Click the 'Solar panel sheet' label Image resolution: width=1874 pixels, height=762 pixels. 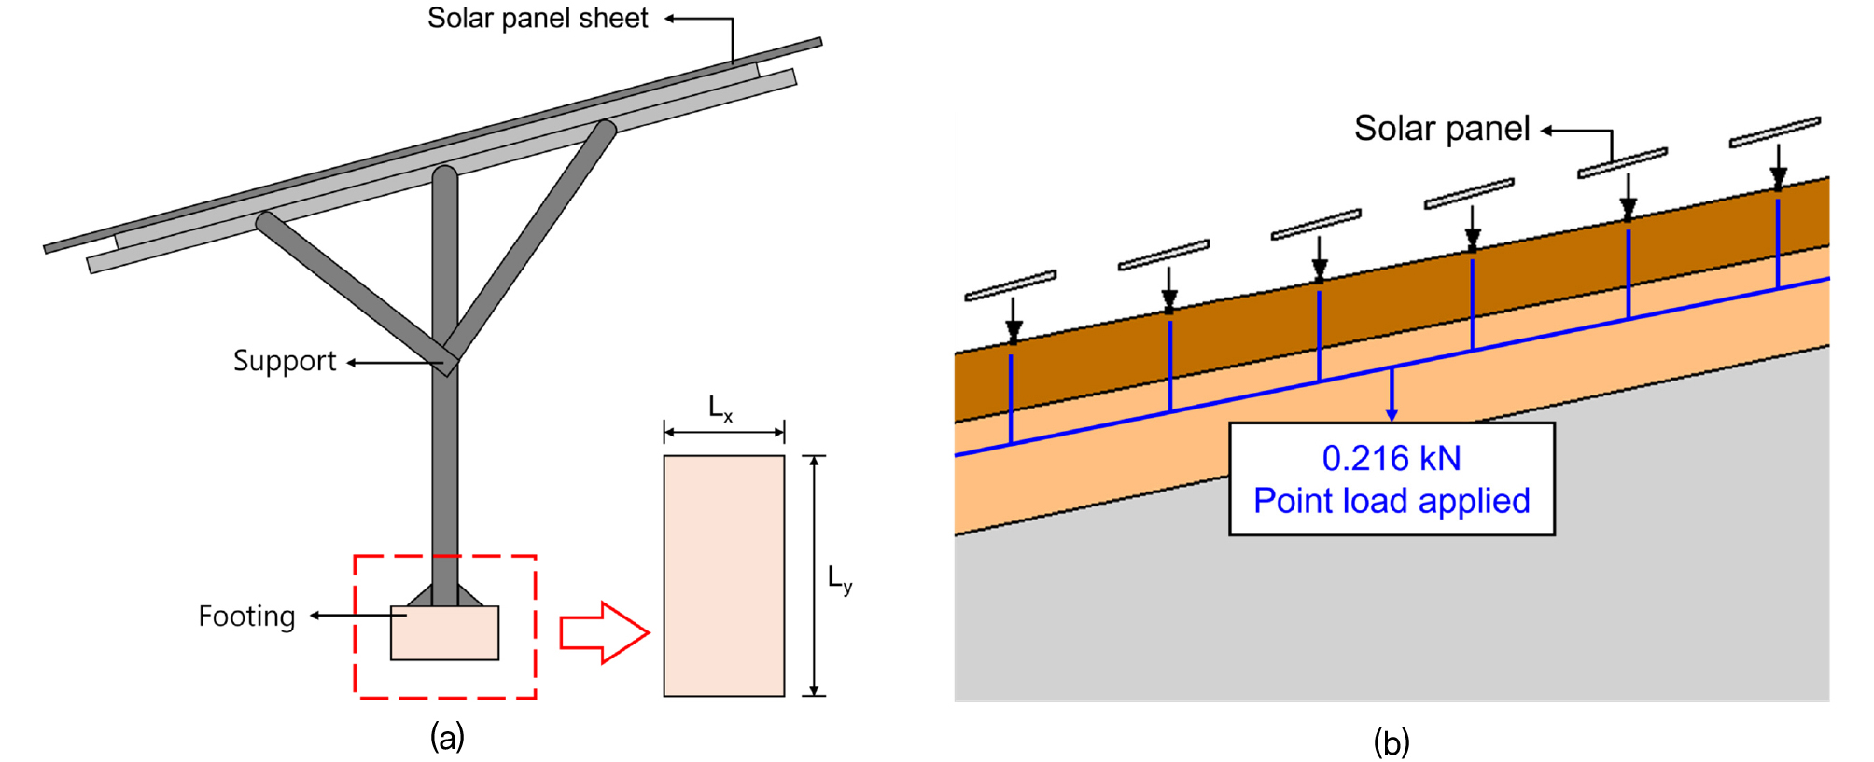(537, 19)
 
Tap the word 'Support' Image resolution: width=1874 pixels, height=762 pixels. (284, 361)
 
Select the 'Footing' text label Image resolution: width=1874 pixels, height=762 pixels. (246, 617)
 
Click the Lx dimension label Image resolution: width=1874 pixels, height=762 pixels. (720, 409)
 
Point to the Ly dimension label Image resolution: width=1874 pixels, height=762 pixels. (840, 580)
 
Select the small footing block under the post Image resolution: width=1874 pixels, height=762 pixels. (444, 633)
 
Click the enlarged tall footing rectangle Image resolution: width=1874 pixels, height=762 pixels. (723, 575)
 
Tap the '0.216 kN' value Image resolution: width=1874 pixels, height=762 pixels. (1391, 458)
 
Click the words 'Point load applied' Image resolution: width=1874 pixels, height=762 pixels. (1391, 501)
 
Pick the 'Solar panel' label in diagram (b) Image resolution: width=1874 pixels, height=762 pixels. (1441, 129)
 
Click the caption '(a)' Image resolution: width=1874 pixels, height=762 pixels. (447, 737)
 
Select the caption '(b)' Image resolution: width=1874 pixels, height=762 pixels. (1391, 742)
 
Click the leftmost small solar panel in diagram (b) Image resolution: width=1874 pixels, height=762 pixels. (1010, 285)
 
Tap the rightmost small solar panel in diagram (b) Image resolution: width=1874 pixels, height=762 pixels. (1774, 132)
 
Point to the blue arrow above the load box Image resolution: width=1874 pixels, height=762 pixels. (1392, 394)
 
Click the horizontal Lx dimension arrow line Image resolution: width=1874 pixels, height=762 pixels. (723, 433)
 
